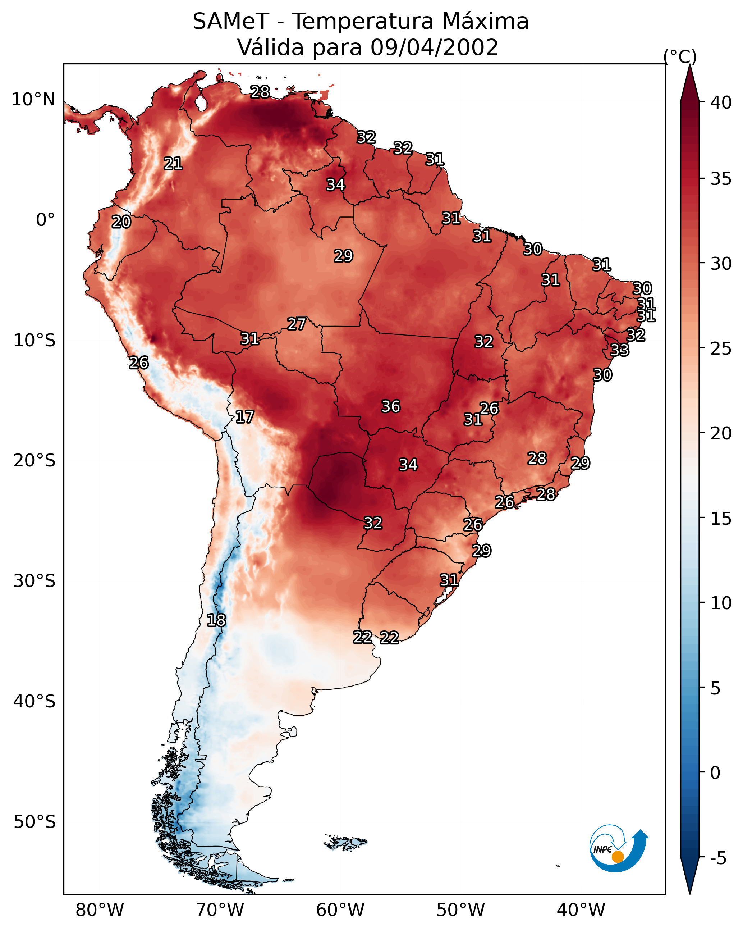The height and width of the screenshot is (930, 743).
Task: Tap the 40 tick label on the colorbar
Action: [x=721, y=102]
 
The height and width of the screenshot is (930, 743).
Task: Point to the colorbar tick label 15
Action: [x=721, y=519]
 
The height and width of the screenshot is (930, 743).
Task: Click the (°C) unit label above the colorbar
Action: [x=680, y=56]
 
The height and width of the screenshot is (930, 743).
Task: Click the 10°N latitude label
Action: [x=33, y=100]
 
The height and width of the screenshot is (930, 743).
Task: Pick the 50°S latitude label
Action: [x=35, y=822]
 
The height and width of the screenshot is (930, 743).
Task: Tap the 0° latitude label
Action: [x=45, y=220]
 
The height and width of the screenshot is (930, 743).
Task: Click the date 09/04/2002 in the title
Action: [x=434, y=47]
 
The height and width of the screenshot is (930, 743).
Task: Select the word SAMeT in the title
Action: [x=231, y=22]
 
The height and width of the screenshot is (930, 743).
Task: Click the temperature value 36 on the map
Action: [x=391, y=406]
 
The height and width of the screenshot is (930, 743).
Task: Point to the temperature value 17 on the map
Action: [x=244, y=417]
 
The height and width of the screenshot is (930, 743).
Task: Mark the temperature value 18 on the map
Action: [x=216, y=620]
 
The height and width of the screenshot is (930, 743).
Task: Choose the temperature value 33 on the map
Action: [x=620, y=350]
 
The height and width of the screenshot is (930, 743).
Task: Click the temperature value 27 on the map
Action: [x=297, y=324]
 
